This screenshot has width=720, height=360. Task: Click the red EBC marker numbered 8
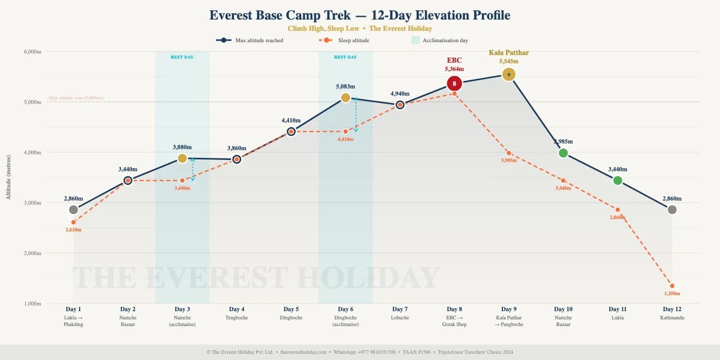[454, 83]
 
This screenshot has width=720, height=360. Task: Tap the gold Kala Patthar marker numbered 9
[509, 75]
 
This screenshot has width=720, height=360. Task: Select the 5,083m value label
[346, 86]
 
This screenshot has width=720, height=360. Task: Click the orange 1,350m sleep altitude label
[672, 294]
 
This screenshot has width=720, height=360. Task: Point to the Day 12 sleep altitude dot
[672, 286]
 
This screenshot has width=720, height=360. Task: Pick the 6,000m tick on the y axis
[32, 51]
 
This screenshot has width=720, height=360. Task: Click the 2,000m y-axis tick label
[32, 253]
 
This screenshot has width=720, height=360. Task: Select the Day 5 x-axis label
[291, 309]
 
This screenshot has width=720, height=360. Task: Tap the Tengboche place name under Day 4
[237, 318]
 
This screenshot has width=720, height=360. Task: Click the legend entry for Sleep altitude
[344, 40]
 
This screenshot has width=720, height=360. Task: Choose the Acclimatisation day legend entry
[439, 40]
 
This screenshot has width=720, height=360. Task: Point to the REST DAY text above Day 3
[182, 57]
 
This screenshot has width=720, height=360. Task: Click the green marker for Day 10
[563, 153]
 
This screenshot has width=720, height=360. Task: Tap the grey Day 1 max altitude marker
[74, 210]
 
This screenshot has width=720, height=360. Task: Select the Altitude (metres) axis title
[8, 177]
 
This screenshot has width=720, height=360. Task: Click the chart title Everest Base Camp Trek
[359, 15]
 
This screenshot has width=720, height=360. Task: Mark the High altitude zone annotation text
[76, 98]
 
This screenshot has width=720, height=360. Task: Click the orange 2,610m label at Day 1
[74, 230]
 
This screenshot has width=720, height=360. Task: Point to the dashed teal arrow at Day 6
[356, 114]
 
